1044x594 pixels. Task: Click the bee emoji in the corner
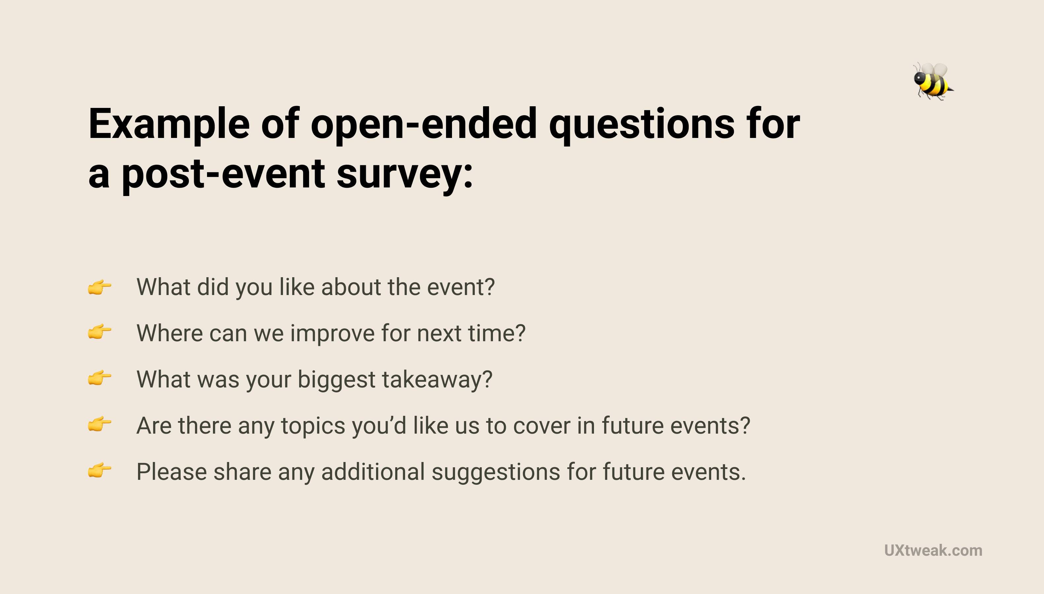tap(932, 81)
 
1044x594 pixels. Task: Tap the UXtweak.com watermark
tap(933, 550)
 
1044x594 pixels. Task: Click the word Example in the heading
tap(169, 124)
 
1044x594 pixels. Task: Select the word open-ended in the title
tap(424, 124)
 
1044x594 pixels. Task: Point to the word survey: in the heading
tap(404, 175)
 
